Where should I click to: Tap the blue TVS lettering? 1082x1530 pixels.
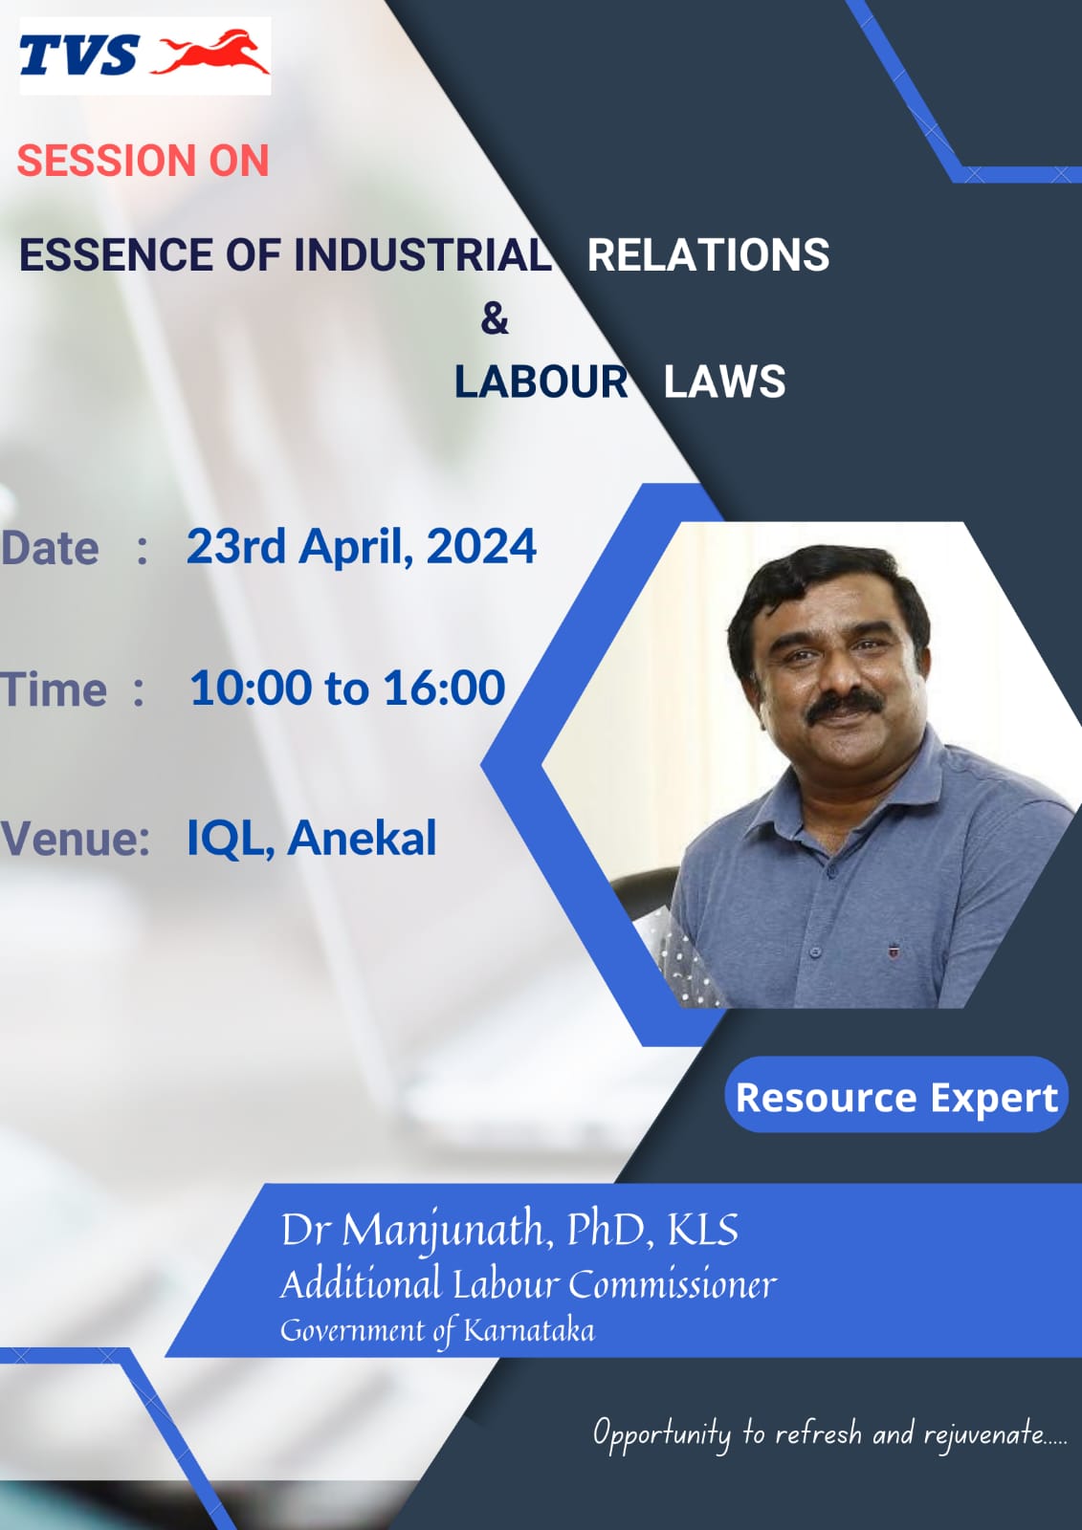78,55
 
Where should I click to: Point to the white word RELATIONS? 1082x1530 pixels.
708,254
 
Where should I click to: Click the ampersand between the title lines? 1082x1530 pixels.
495,318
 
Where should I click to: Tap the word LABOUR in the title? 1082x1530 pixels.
541,382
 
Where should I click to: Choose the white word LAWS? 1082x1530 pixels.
724,382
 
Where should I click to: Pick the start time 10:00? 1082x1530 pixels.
251,688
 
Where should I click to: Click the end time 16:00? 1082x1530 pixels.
444,688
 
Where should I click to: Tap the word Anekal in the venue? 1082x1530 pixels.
362,838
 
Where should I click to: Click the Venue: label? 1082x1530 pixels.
76,838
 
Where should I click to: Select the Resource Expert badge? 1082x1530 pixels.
896,1098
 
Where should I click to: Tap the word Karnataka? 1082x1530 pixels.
529,1330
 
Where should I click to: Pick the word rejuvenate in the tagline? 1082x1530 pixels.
984,1432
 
